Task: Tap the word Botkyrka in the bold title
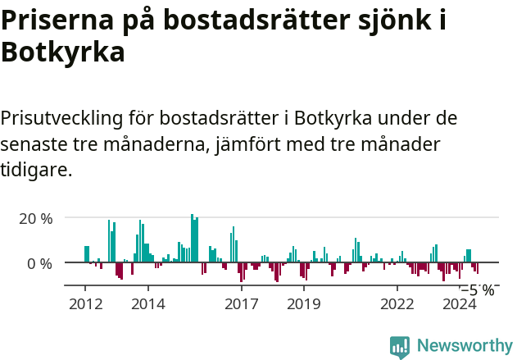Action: click(63, 52)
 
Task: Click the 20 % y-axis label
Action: click(36, 219)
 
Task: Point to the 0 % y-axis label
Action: click(40, 263)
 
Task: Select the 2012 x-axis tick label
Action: click(85, 304)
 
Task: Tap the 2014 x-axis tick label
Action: click(147, 304)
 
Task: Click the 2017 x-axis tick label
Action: click(242, 304)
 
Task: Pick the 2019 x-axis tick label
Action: click(304, 304)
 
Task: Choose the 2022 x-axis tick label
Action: click(397, 304)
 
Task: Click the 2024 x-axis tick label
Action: click(460, 304)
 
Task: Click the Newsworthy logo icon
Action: click(400, 346)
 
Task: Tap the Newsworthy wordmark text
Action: click(464, 346)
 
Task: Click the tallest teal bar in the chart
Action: click(192, 239)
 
